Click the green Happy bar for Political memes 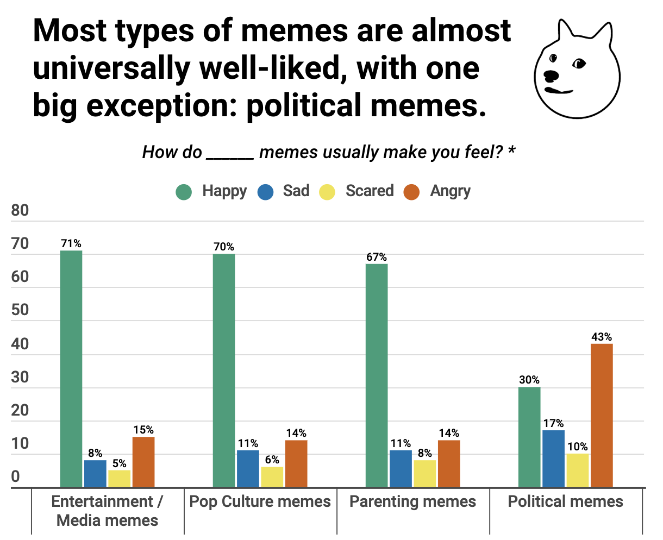click(529, 437)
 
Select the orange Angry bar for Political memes click(602, 415)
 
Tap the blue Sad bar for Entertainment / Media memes click(95, 473)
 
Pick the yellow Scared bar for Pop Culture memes click(272, 476)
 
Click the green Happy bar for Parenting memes click(377, 375)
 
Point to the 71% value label click(71, 243)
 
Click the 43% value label click(602, 337)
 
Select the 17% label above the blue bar click(553, 423)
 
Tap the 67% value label click(377, 257)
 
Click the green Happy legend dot click(184, 192)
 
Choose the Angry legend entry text click(450, 191)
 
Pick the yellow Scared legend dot click(327, 192)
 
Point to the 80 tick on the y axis click(20, 210)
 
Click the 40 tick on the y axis click(20, 344)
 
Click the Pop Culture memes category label click(260, 501)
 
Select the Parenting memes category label click(412, 501)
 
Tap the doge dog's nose click(551, 75)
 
